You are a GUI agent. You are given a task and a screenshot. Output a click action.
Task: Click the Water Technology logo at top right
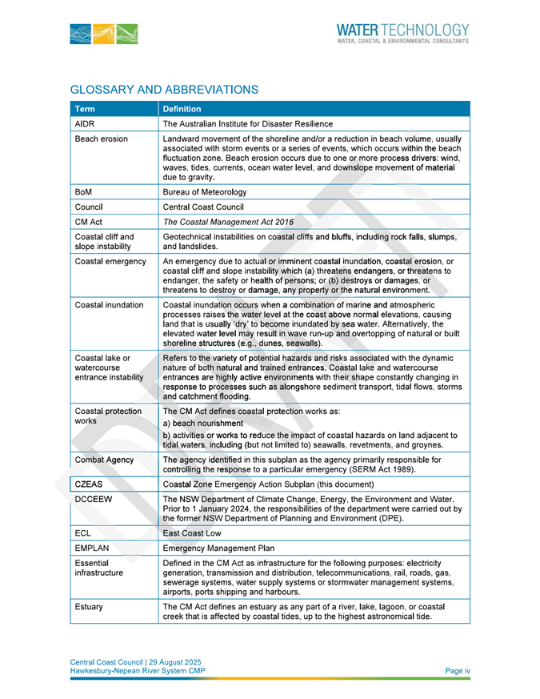coord(402,32)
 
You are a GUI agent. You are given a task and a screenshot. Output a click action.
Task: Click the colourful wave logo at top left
coord(104,34)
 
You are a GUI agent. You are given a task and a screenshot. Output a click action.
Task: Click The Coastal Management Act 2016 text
coord(228,222)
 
